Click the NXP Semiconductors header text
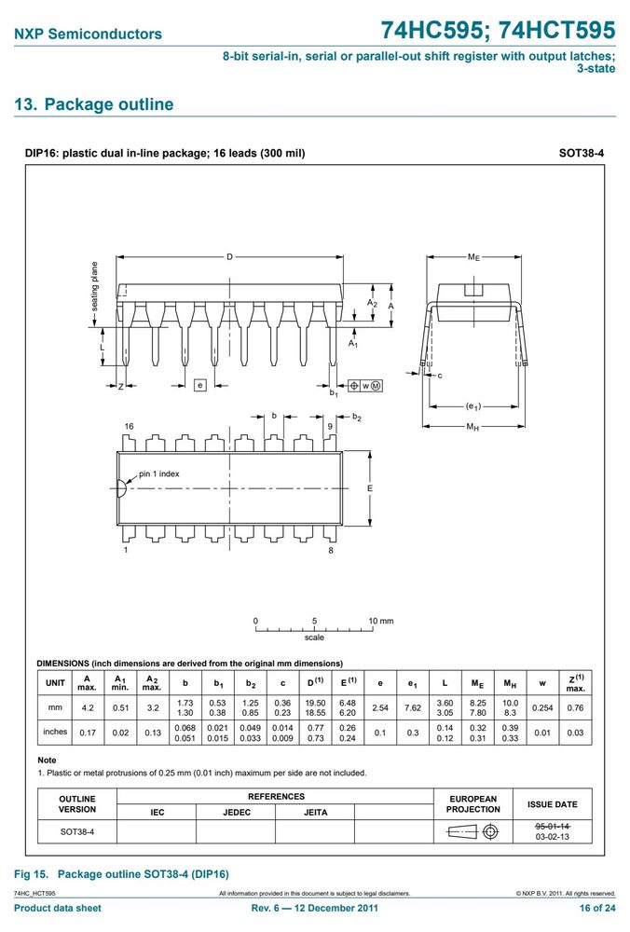tap(88, 34)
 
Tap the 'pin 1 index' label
tap(158, 473)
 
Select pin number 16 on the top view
tap(129, 426)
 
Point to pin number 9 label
tap(330, 426)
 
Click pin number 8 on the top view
tap(331, 551)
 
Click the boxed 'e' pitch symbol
tap(200, 385)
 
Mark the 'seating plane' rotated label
tap(94, 286)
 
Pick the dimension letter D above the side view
tap(229, 257)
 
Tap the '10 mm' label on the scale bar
tap(381, 621)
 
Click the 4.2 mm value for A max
tap(88, 708)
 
